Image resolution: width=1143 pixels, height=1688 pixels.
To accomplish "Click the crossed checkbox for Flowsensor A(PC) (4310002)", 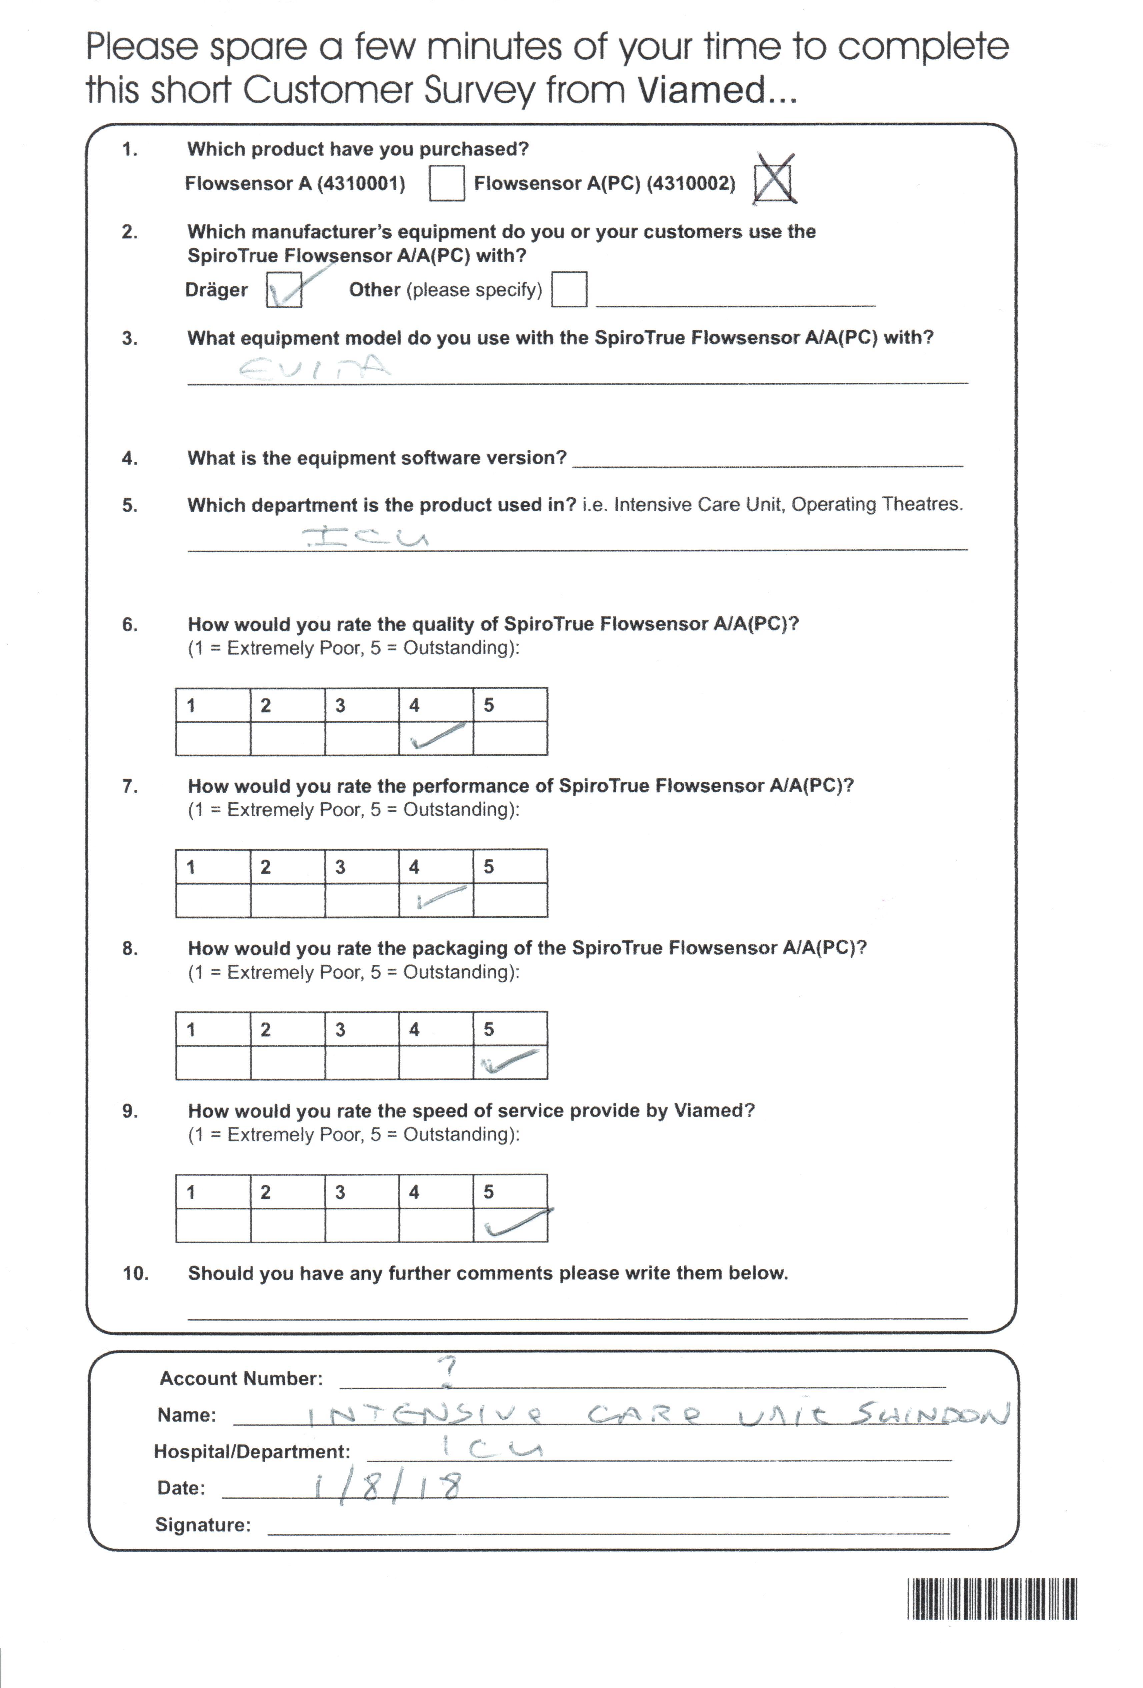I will tap(773, 182).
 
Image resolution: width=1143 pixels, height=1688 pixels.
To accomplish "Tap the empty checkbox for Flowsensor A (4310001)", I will tap(446, 183).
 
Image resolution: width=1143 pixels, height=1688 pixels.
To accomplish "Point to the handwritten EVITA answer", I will tap(314, 367).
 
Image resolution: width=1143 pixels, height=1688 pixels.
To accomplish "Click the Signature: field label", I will tap(203, 1525).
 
